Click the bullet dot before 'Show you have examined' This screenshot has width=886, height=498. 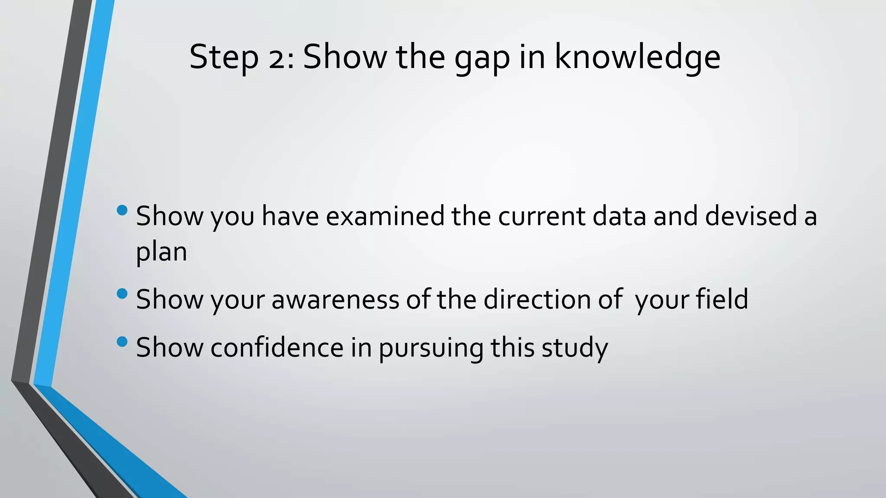click(x=122, y=211)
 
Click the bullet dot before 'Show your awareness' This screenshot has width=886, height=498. click(x=122, y=294)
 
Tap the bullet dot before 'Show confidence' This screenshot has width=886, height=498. click(x=122, y=342)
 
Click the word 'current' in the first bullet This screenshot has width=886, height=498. click(x=542, y=216)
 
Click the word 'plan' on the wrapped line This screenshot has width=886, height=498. click(x=161, y=252)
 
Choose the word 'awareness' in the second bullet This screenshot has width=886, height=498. click(x=335, y=299)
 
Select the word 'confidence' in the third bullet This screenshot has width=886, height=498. click(x=277, y=347)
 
